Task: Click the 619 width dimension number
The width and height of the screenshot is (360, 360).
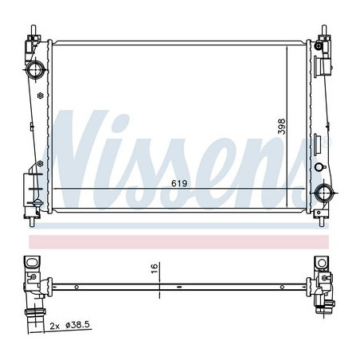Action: [179, 183]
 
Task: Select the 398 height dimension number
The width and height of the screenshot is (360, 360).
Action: [281, 127]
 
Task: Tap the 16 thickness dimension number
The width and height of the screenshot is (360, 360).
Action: [155, 268]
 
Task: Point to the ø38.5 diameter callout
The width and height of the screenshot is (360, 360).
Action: [78, 325]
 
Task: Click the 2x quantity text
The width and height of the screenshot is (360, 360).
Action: [55, 326]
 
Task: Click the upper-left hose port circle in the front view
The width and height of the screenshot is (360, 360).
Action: [35, 70]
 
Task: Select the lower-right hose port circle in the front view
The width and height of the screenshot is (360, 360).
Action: [324, 193]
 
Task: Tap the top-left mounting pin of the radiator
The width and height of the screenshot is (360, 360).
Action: [33, 30]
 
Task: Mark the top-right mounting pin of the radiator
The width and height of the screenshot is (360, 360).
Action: [324, 30]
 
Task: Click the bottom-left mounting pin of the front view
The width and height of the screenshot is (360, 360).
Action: [32, 222]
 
